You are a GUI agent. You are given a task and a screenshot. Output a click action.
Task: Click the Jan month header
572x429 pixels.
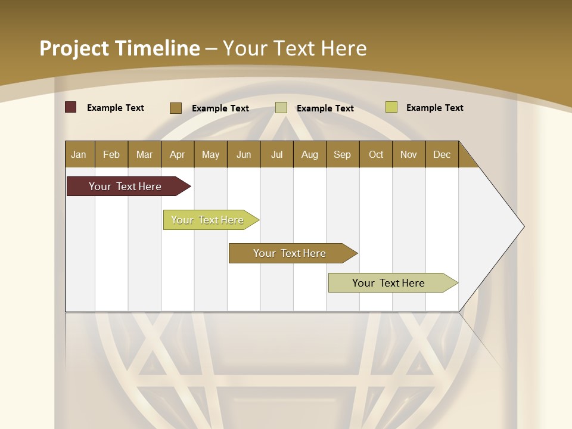click(x=79, y=154)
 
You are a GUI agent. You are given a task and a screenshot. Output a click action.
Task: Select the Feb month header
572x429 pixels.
click(x=111, y=154)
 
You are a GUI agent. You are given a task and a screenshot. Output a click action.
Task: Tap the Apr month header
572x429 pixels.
click(x=178, y=154)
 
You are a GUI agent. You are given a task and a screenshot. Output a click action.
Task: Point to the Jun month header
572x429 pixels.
click(x=244, y=154)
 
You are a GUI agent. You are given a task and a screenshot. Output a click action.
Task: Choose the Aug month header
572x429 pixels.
click(x=310, y=154)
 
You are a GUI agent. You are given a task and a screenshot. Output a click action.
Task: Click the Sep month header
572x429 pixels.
click(x=343, y=154)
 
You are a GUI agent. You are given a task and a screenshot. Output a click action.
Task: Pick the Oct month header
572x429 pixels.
click(x=376, y=154)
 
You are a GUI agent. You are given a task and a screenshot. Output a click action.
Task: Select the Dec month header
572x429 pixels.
click(x=442, y=154)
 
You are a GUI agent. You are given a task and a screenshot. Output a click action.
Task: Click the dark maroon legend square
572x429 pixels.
click(x=71, y=107)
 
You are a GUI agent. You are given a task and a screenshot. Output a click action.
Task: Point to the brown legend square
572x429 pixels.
click(x=176, y=108)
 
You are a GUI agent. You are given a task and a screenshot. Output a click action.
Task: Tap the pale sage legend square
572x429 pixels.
click(x=281, y=108)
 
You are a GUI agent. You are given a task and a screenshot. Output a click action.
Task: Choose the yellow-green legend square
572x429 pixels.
click(x=391, y=107)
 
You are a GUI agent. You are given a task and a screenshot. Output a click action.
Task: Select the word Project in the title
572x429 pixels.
click(x=74, y=48)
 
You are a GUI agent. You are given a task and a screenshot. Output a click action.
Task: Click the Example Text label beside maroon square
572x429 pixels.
click(x=116, y=108)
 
